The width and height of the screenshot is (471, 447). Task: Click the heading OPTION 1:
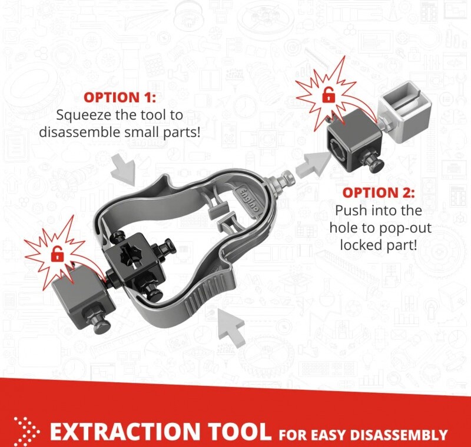[120, 98]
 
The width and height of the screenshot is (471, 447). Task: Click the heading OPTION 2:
[379, 192]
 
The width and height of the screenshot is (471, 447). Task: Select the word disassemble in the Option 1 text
[80, 132]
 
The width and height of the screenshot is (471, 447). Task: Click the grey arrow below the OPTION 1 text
[124, 169]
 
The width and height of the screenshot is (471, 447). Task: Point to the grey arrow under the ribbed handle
[231, 328]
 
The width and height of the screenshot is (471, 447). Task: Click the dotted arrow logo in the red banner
[26, 431]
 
